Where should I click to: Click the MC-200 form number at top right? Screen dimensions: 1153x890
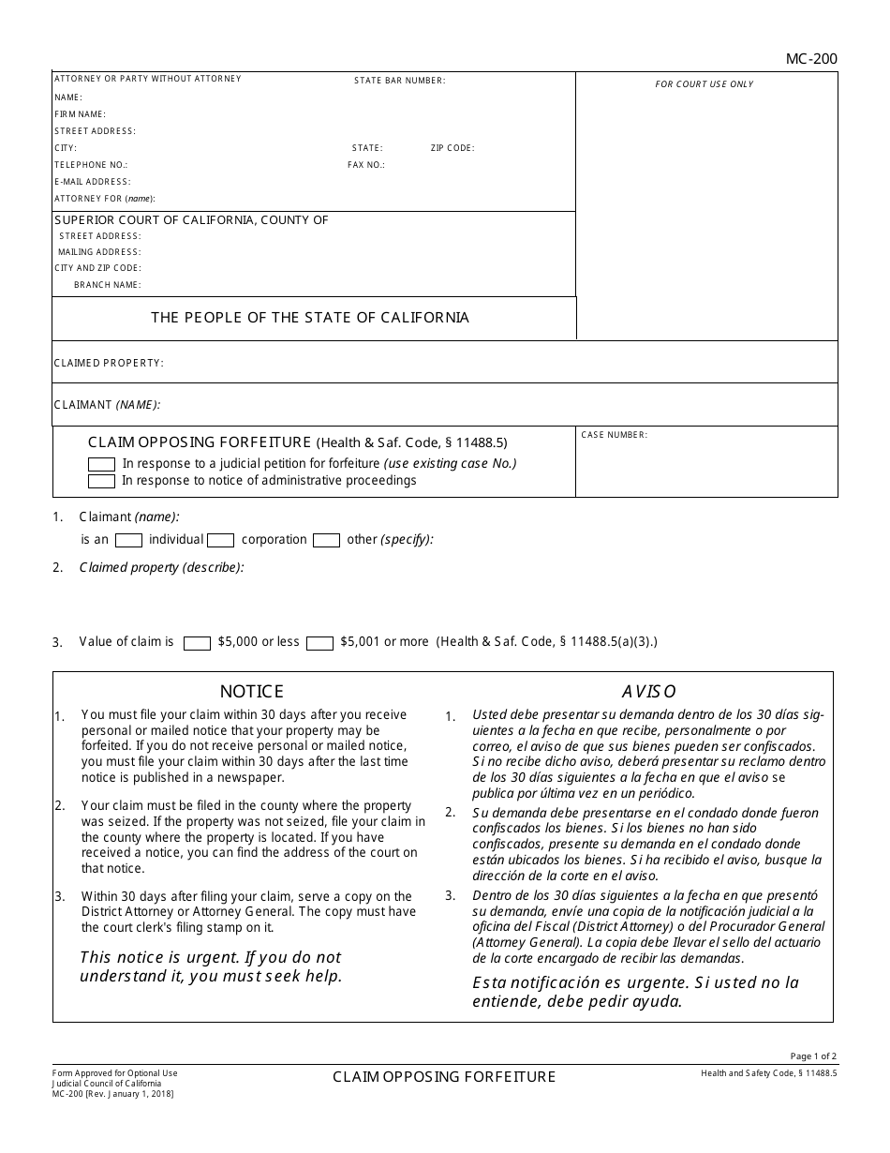811,59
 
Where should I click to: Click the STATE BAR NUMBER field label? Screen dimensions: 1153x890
399,81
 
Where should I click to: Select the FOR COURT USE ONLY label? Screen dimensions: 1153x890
704,84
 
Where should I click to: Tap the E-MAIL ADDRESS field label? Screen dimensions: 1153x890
92,182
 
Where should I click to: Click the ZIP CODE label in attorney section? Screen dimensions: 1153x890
452,148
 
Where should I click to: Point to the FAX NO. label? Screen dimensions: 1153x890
365,165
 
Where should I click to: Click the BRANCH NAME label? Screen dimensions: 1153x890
108,285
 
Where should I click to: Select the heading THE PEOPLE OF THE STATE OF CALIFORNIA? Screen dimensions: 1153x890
310,318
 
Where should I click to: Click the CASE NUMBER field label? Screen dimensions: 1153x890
614,435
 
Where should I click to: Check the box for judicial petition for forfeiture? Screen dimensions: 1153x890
101,464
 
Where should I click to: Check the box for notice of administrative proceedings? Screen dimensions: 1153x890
101,482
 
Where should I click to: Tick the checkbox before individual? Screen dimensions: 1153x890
128,540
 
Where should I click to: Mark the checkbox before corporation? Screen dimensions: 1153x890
220,540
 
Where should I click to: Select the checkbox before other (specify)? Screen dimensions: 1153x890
326,540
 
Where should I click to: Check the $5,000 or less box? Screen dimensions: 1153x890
197,643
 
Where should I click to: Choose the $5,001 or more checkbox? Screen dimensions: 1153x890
319,643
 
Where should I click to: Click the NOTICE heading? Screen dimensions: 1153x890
251,692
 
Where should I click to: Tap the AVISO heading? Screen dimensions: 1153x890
648,692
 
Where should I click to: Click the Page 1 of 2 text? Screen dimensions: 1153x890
813,1056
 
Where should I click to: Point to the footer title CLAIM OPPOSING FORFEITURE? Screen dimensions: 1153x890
444,1077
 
